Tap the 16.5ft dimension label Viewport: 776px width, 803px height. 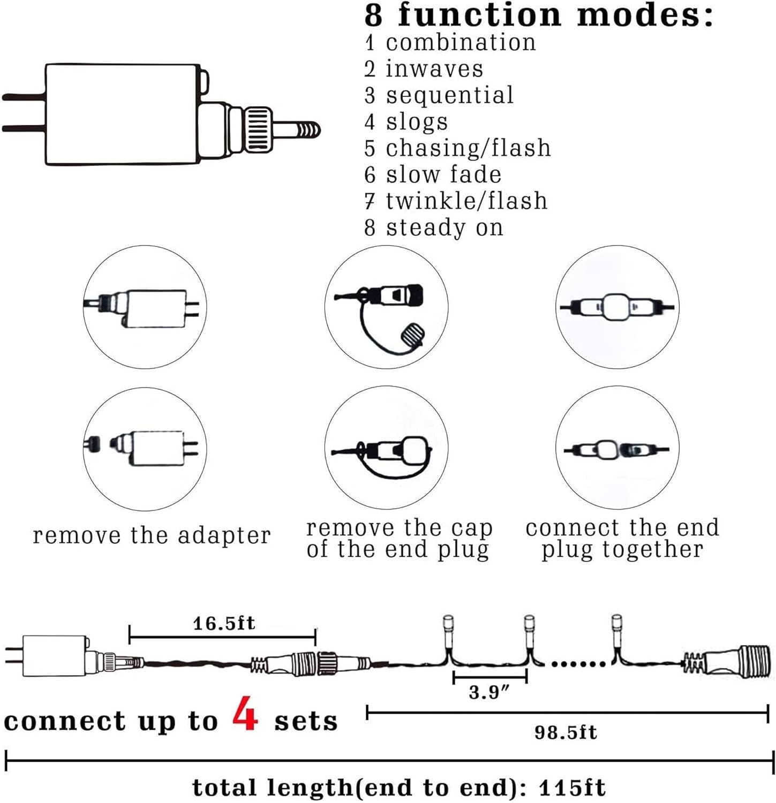224,623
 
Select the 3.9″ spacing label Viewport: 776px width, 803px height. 488,692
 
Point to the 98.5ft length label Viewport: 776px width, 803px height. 566,732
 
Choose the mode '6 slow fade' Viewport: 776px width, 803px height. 433,175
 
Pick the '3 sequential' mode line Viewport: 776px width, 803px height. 439,95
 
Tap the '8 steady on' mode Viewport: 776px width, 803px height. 433,228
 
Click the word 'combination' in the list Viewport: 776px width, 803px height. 461,43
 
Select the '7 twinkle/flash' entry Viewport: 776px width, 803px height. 456,201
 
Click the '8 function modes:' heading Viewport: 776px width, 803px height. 539,14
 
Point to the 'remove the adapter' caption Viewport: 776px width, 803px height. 152,535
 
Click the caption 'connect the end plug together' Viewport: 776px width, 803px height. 622,539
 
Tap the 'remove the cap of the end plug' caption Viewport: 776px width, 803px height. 399,539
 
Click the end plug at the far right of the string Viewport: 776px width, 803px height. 728,662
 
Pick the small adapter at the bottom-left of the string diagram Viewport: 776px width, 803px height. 54,656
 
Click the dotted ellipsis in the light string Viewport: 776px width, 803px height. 578,664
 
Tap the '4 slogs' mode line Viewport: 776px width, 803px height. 406,122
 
